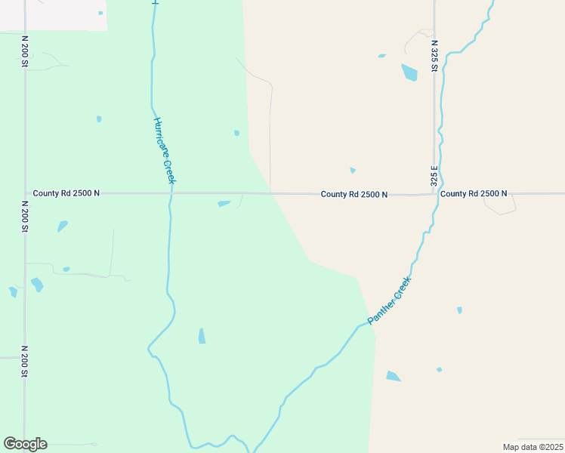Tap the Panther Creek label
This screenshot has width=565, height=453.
[x=390, y=301]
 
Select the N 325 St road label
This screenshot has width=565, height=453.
[x=434, y=56]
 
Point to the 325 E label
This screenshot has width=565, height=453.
[x=434, y=176]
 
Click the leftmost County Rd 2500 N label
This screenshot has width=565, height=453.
[x=67, y=193]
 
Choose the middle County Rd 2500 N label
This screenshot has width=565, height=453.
[x=354, y=194]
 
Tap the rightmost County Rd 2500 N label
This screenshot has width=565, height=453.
[x=474, y=194]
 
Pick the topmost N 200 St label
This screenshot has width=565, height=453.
[x=24, y=51]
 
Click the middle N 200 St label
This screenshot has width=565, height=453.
[x=24, y=216]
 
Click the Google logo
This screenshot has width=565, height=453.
[x=25, y=444]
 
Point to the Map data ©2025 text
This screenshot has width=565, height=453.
[x=533, y=447]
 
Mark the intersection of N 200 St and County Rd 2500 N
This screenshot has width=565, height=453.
[x=24, y=193]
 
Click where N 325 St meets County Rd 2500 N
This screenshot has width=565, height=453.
[x=435, y=194]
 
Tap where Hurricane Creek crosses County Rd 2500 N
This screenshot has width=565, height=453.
[x=171, y=193]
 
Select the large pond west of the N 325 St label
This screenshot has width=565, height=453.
[x=409, y=72]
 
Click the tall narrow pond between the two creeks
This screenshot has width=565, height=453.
[x=202, y=336]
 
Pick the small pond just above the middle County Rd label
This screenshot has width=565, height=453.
[x=353, y=171]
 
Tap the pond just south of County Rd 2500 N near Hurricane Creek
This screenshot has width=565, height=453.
[x=224, y=203]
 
